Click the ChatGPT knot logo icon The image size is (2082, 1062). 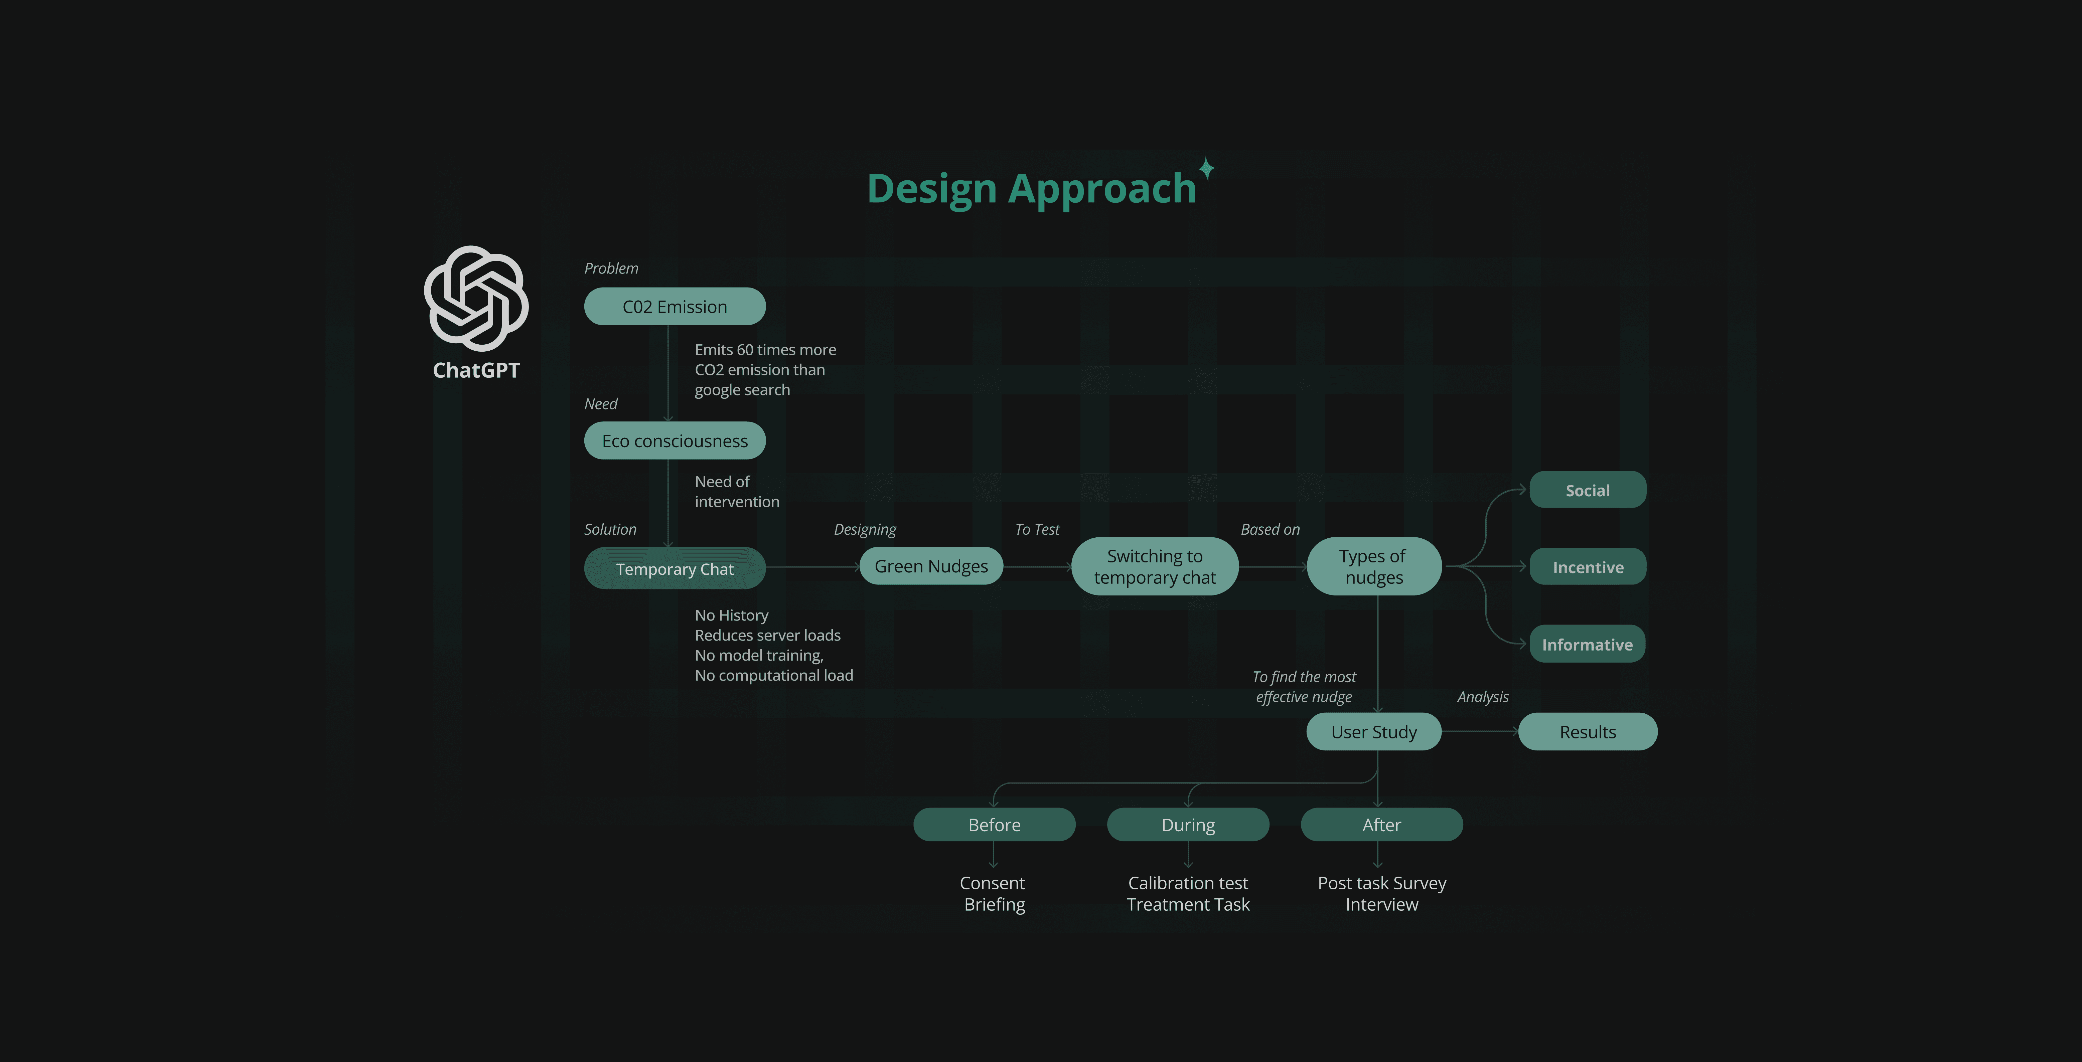[x=476, y=298]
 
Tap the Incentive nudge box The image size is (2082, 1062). [x=1587, y=566]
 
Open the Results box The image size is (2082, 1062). [x=1587, y=731]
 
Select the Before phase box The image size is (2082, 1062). [x=994, y=824]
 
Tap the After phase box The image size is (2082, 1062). [x=1381, y=824]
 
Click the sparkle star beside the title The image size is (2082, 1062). [x=1207, y=168]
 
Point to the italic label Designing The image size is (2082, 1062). [x=865, y=529]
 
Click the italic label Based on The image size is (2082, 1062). [x=1270, y=529]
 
